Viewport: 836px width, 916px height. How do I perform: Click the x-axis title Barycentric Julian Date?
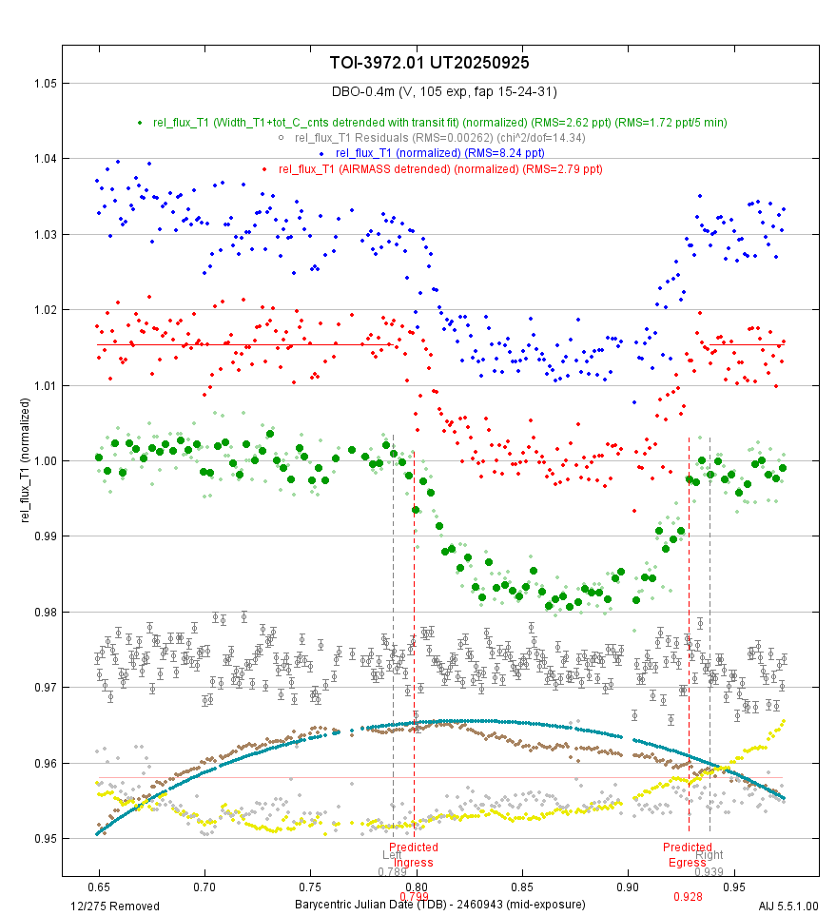pyautogui.click(x=439, y=904)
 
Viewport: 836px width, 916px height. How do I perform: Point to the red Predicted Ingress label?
pyautogui.click(x=414, y=854)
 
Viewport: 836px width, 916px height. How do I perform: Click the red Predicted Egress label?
pyautogui.click(x=688, y=854)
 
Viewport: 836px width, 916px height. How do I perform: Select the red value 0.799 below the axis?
pyautogui.click(x=414, y=896)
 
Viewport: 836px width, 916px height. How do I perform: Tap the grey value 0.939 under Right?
pyautogui.click(x=709, y=872)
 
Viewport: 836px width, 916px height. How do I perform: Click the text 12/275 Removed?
pyautogui.click(x=115, y=906)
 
